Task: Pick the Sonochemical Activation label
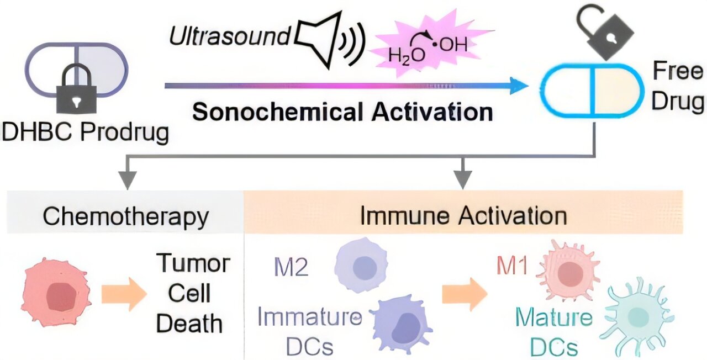click(342, 112)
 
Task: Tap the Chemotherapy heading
click(126, 216)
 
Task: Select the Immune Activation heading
click(463, 216)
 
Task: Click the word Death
click(189, 323)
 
